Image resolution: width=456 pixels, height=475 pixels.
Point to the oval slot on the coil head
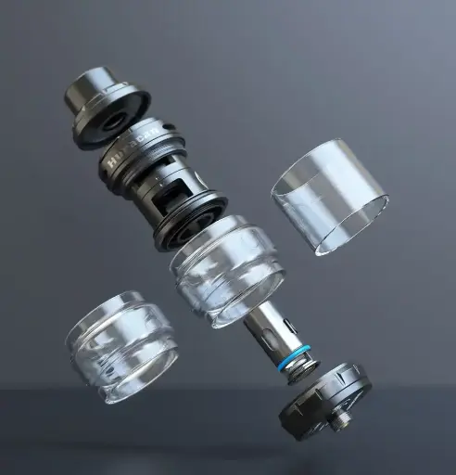point(268,329)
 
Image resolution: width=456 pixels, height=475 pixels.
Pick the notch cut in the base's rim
point(357,375)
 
